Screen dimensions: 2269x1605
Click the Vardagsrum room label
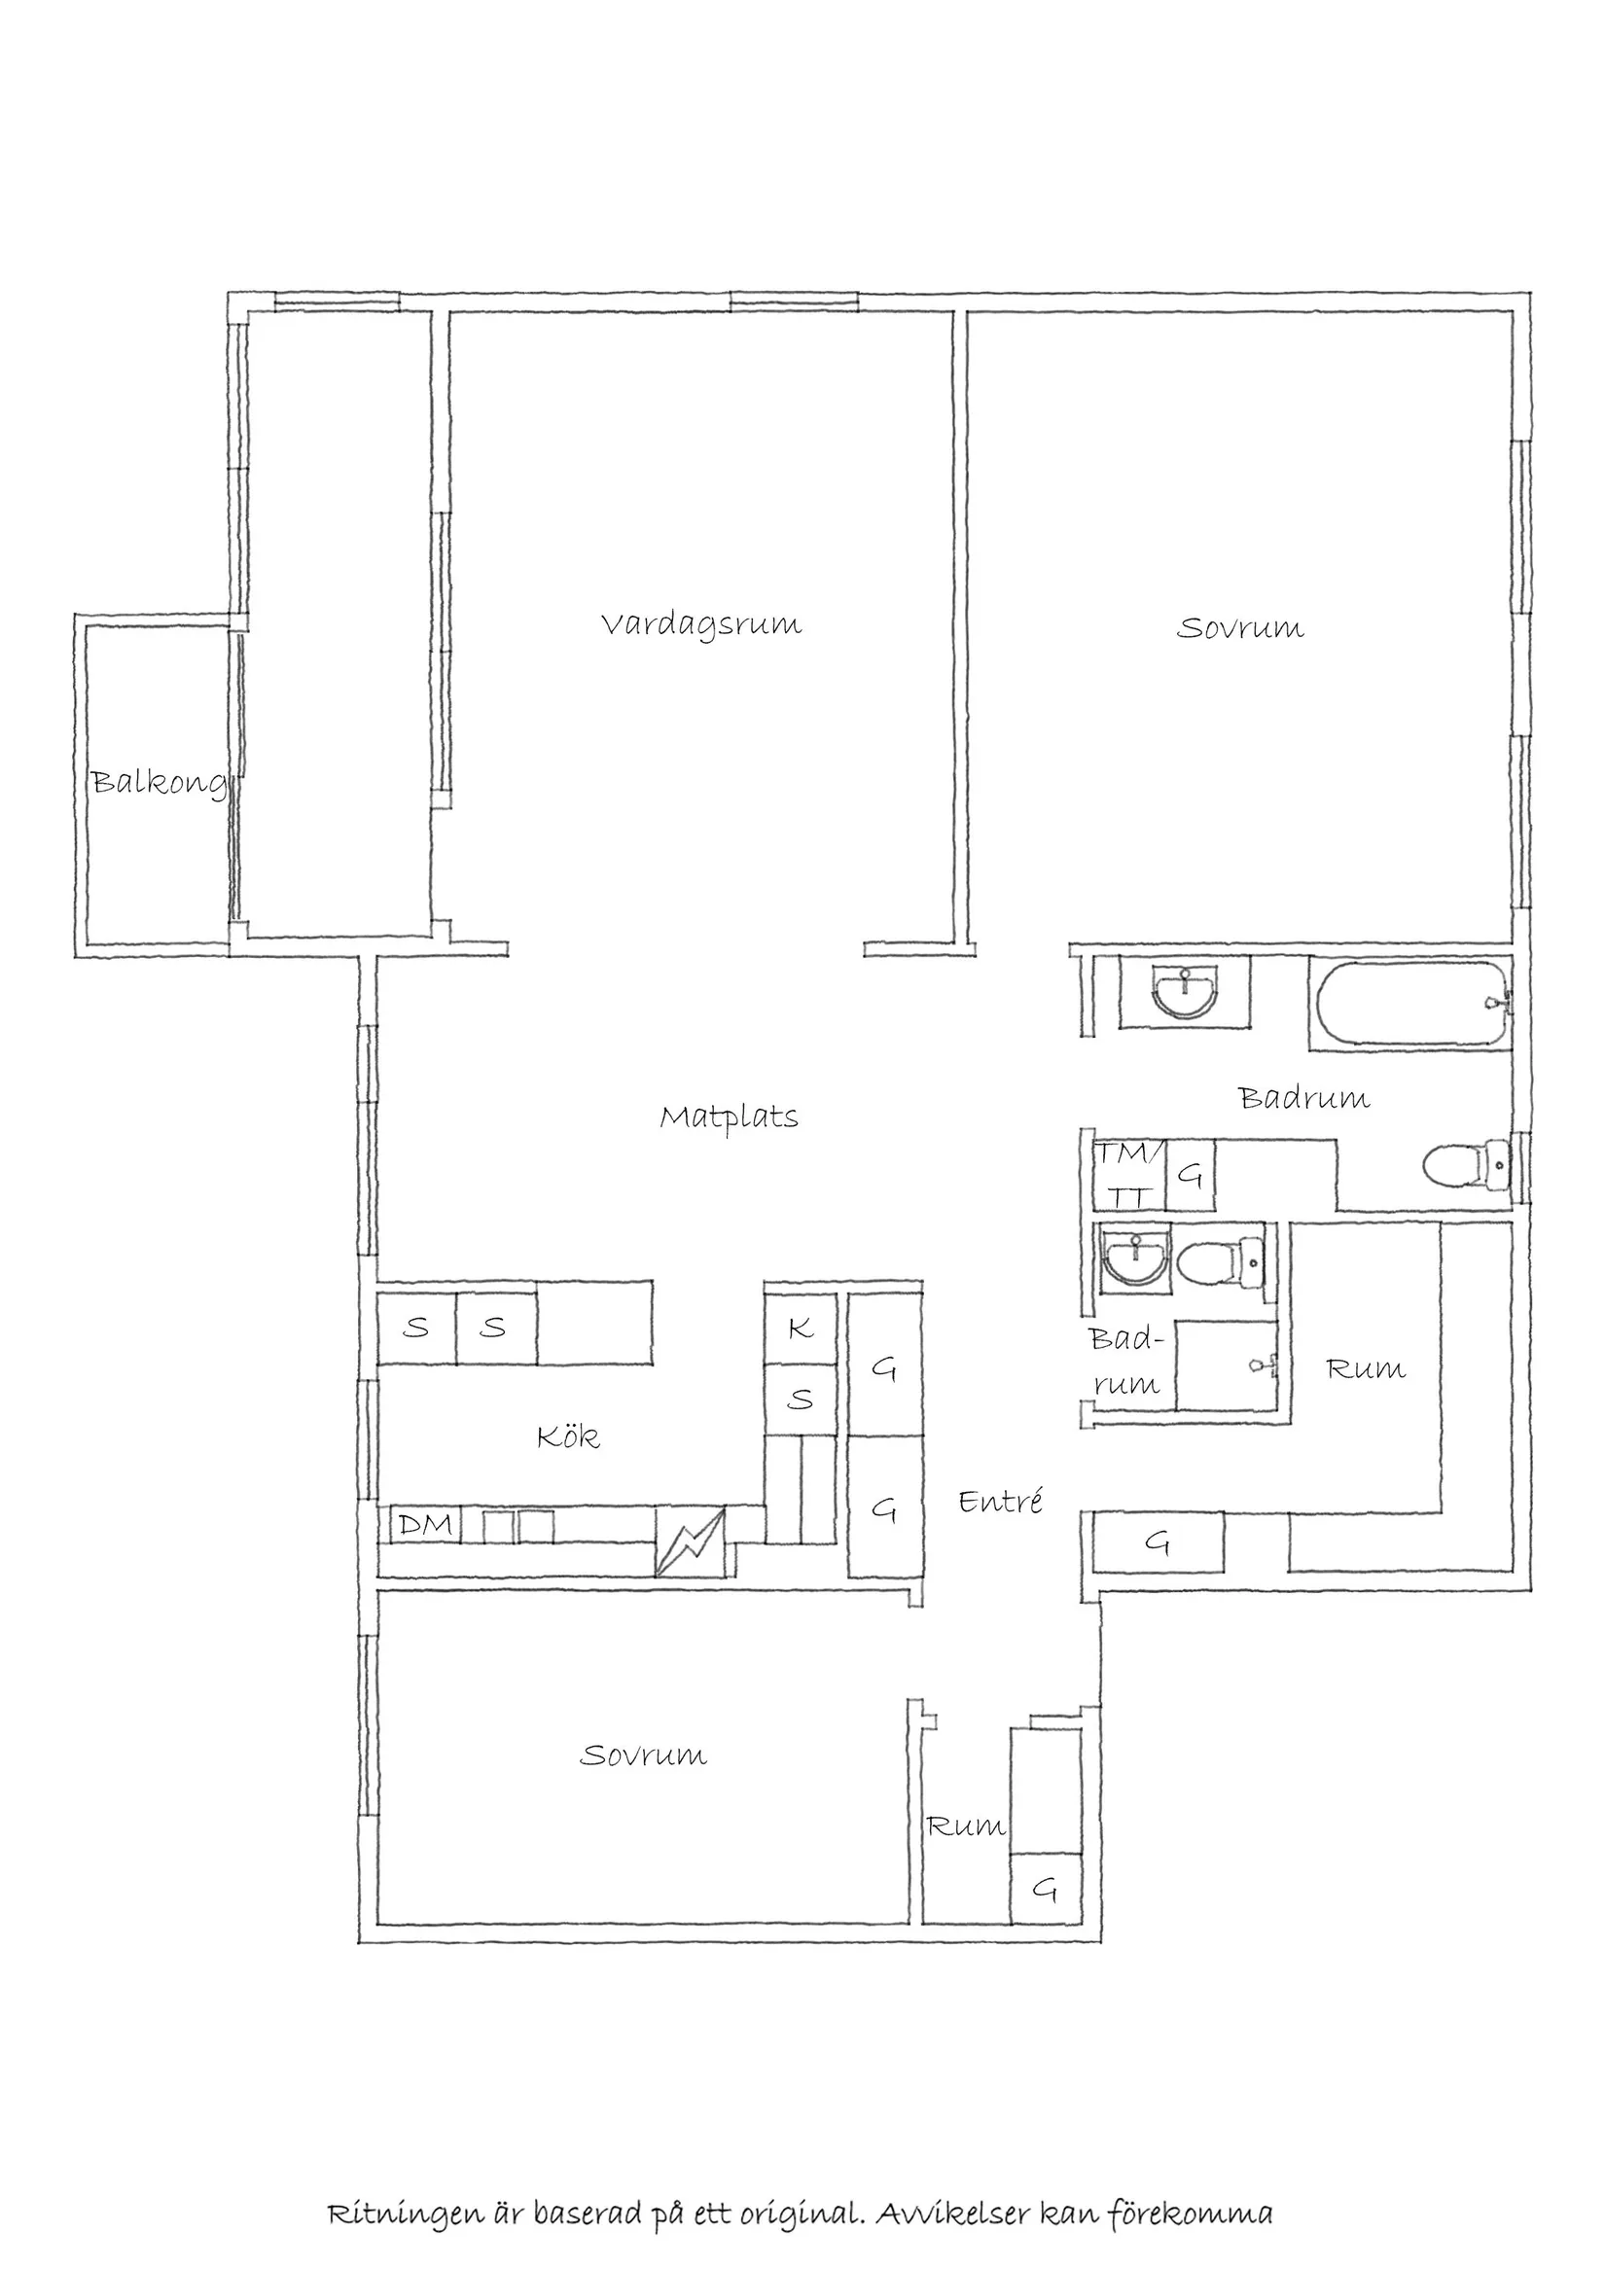(700, 625)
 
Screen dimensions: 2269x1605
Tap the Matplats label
(729, 1118)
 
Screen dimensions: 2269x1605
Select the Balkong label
(159, 784)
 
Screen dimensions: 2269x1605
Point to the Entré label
(1000, 1502)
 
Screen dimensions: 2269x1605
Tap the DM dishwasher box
(425, 1525)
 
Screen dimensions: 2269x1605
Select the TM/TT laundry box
(1127, 1174)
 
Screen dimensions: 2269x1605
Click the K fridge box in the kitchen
(801, 1329)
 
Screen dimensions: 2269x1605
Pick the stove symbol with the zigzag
(690, 1541)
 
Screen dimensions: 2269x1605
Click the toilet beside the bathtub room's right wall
(1468, 1166)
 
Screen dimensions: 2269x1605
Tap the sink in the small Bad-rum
(1134, 1257)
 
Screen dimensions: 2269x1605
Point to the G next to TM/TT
(1191, 1175)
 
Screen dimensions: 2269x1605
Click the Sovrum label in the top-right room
(1239, 628)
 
